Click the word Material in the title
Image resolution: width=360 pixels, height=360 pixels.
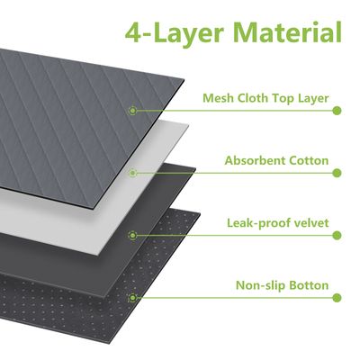[x=287, y=31]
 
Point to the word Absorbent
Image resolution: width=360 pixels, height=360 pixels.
[x=255, y=160]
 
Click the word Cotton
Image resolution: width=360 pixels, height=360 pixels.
[x=309, y=160]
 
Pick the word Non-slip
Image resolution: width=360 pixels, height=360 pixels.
[x=261, y=285]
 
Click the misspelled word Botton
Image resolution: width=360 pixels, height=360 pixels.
[x=309, y=285]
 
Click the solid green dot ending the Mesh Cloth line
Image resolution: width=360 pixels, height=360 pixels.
[x=337, y=111]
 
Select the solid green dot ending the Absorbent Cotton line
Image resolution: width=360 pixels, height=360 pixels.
[x=337, y=173]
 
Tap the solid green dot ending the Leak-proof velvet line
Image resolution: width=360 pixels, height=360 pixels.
[x=337, y=235]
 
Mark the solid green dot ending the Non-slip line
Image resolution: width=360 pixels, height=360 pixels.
[x=337, y=298]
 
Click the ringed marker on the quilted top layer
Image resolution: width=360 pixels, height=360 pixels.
[x=132, y=111]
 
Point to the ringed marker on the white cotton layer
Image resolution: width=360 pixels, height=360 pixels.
[x=132, y=173]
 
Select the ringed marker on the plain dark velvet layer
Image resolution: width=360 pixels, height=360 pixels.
[x=132, y=236]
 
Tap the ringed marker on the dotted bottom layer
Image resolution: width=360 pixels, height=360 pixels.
[x=132, y=298]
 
